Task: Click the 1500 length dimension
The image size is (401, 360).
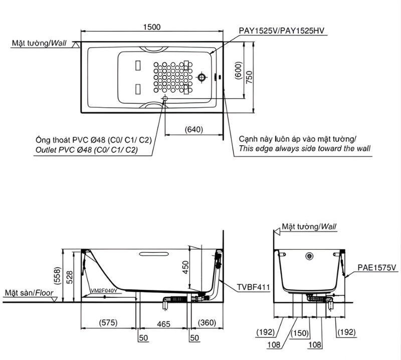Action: point(152,27)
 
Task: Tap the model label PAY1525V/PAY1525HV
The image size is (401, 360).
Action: point(282,31)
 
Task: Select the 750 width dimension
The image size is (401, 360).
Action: point(249,77)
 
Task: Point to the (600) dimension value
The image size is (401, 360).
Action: point(239,70)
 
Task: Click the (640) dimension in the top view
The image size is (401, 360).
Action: point(194,129)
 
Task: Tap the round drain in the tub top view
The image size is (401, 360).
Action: point(202,77)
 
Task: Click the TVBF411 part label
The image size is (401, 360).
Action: point(253,287)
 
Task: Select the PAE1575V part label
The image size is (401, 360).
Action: point(377,267)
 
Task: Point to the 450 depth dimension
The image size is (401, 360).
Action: point(185,267)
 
